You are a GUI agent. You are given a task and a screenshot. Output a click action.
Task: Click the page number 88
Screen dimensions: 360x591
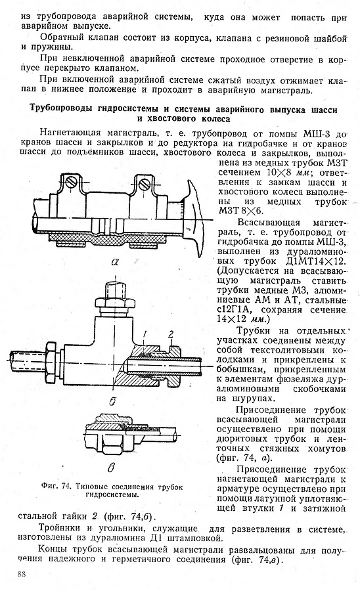click(x=22, y=575)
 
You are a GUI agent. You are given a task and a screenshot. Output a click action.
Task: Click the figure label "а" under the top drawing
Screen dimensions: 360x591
click(x=115, y=261)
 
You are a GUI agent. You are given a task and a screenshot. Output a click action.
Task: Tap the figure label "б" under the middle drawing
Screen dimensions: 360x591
click(x=112, y=402)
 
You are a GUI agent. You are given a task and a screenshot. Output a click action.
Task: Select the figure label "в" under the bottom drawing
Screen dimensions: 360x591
click(x=111, y=468)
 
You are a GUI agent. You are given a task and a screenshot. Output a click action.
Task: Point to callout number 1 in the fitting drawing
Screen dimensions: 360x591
click(x=144, y=334)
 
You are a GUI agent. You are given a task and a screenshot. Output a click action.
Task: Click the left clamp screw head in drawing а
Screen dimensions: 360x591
click(x=71, y=184)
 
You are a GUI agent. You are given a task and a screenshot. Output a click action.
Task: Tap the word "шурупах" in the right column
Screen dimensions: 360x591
click(x=250, y=399)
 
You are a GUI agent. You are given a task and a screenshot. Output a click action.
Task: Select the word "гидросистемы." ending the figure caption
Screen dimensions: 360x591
click(x=112, y=495)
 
